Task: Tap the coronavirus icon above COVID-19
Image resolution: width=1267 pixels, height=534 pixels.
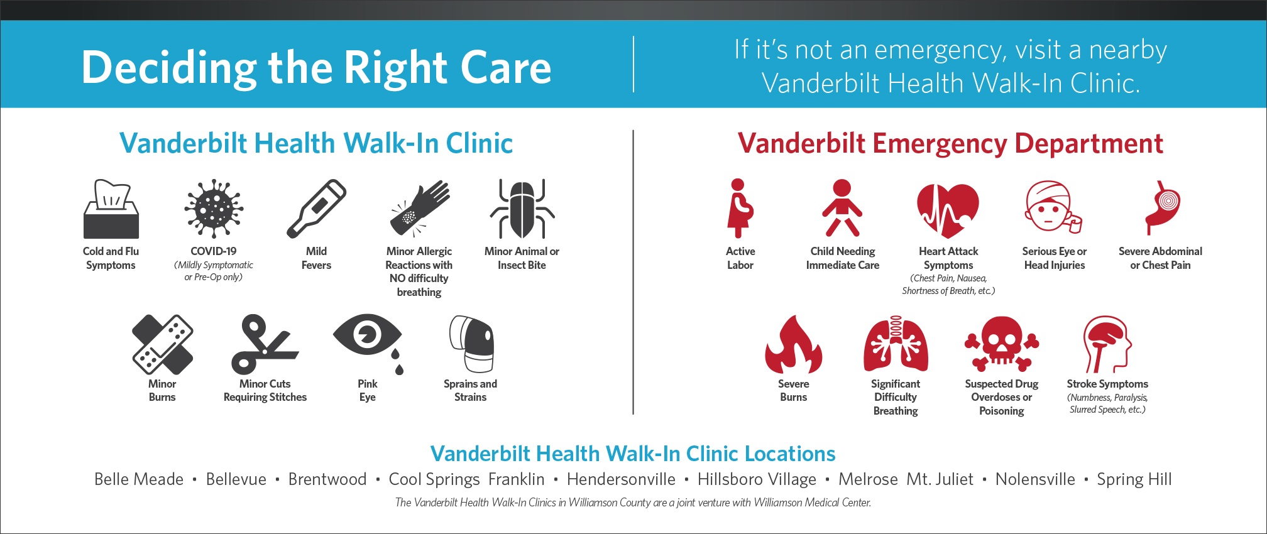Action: point(214,209)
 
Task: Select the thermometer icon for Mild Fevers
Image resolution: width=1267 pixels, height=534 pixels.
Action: point(316,209)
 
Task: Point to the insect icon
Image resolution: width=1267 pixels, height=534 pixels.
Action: point(522,209)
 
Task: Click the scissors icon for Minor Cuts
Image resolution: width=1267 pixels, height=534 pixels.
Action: point(265,344)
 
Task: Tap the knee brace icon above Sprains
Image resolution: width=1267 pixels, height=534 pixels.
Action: point(471,344)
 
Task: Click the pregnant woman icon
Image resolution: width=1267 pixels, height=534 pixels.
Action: point(740,209)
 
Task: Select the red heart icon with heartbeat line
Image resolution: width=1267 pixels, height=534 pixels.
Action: point(948,210)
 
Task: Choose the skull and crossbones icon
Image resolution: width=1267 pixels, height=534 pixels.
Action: point(1002,344)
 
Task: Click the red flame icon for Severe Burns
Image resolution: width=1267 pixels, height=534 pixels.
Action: point(793,344)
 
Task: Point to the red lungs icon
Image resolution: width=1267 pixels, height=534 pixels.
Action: point(896,344)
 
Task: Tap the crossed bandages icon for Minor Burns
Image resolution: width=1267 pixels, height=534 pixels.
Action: point(163,344)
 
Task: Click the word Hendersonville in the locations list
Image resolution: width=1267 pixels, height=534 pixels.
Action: point(621,479)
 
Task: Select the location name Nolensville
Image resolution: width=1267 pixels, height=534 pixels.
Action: point(1035,479)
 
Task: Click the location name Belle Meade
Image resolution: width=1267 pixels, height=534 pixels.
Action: point(139,479)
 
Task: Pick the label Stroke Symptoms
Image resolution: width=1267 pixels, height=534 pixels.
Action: point(1107,384)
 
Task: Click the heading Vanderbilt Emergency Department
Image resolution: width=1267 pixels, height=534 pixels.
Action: point(950,143)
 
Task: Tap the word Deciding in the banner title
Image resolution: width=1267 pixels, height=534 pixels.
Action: point(170,68)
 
